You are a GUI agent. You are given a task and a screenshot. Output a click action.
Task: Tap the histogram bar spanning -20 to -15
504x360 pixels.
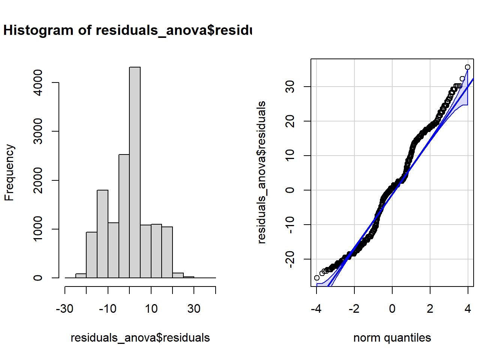click(91, 255)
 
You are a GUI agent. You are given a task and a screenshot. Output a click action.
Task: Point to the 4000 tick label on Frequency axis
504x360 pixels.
click(38, 82)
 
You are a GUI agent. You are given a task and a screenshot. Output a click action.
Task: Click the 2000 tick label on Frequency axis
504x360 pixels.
click(38, 180)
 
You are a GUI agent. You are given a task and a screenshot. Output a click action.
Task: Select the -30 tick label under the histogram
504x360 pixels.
click(65, 309)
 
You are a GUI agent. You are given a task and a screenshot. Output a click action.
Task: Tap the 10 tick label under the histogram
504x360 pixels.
click(151, 309)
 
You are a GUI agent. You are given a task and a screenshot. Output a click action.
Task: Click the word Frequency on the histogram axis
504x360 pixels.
click(9, 172)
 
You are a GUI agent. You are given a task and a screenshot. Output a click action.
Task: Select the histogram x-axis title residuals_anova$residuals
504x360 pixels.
click(140, 337)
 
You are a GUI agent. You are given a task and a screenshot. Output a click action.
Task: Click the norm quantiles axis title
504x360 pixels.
click(392, 337)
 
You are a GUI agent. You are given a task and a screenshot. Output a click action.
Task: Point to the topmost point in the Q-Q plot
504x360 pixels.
click(467, 67)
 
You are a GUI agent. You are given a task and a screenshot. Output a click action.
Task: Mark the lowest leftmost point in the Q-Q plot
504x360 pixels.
click(317, 278)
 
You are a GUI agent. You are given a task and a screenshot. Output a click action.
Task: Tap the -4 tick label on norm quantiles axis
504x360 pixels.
click(316, 309)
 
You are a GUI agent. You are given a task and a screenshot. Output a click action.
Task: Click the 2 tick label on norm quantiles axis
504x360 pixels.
click(430, 309)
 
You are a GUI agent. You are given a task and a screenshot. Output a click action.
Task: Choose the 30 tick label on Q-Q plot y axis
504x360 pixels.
click(290, 87)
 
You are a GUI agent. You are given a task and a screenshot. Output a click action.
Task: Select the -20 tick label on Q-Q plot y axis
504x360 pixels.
click(290, 259)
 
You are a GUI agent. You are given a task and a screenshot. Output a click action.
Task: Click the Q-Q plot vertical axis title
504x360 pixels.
click(261, 172)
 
